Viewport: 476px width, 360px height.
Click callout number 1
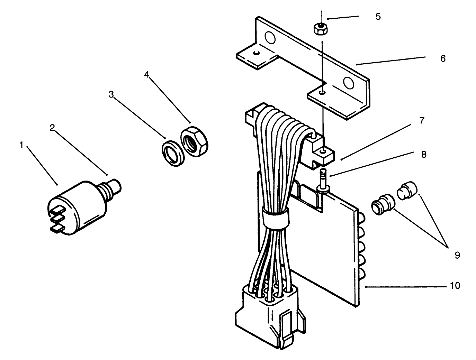coord(21,145)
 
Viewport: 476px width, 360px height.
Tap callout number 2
coord(52,128)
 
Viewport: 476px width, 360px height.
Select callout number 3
coord(111,95)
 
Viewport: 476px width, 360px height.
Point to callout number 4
coord(147,75)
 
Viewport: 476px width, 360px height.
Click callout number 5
coord(378,17)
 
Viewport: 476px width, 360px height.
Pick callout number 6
coord(443,58)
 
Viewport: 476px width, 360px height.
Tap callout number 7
coord(422,121)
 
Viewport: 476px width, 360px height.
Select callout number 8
coord(424,154)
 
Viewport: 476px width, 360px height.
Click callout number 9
coord(457,255)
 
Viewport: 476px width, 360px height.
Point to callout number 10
coord(455,286)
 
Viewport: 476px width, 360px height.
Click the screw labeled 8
coord(323,180)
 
